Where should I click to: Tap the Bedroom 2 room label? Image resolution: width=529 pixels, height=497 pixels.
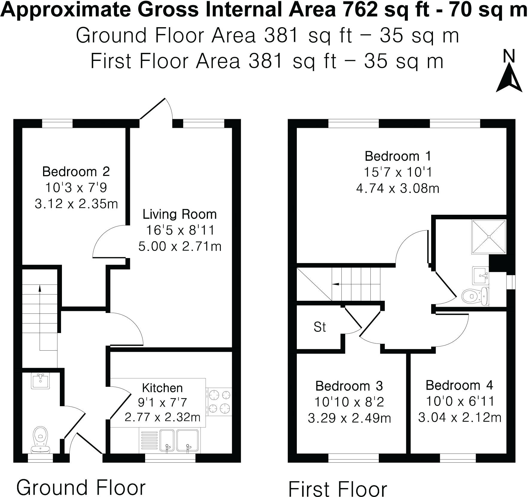76,172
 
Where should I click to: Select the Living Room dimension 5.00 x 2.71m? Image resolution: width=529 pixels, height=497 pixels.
180,246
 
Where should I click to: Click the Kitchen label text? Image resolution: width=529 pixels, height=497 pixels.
162,388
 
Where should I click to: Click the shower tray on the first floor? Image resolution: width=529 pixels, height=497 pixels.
489,237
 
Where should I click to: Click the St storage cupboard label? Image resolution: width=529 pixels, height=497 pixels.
320,327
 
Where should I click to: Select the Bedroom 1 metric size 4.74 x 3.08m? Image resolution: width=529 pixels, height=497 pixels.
398,188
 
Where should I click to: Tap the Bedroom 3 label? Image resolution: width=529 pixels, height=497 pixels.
349,386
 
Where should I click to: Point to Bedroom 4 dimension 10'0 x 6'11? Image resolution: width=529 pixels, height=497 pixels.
460,401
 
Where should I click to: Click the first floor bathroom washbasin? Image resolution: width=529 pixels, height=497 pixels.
480,275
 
